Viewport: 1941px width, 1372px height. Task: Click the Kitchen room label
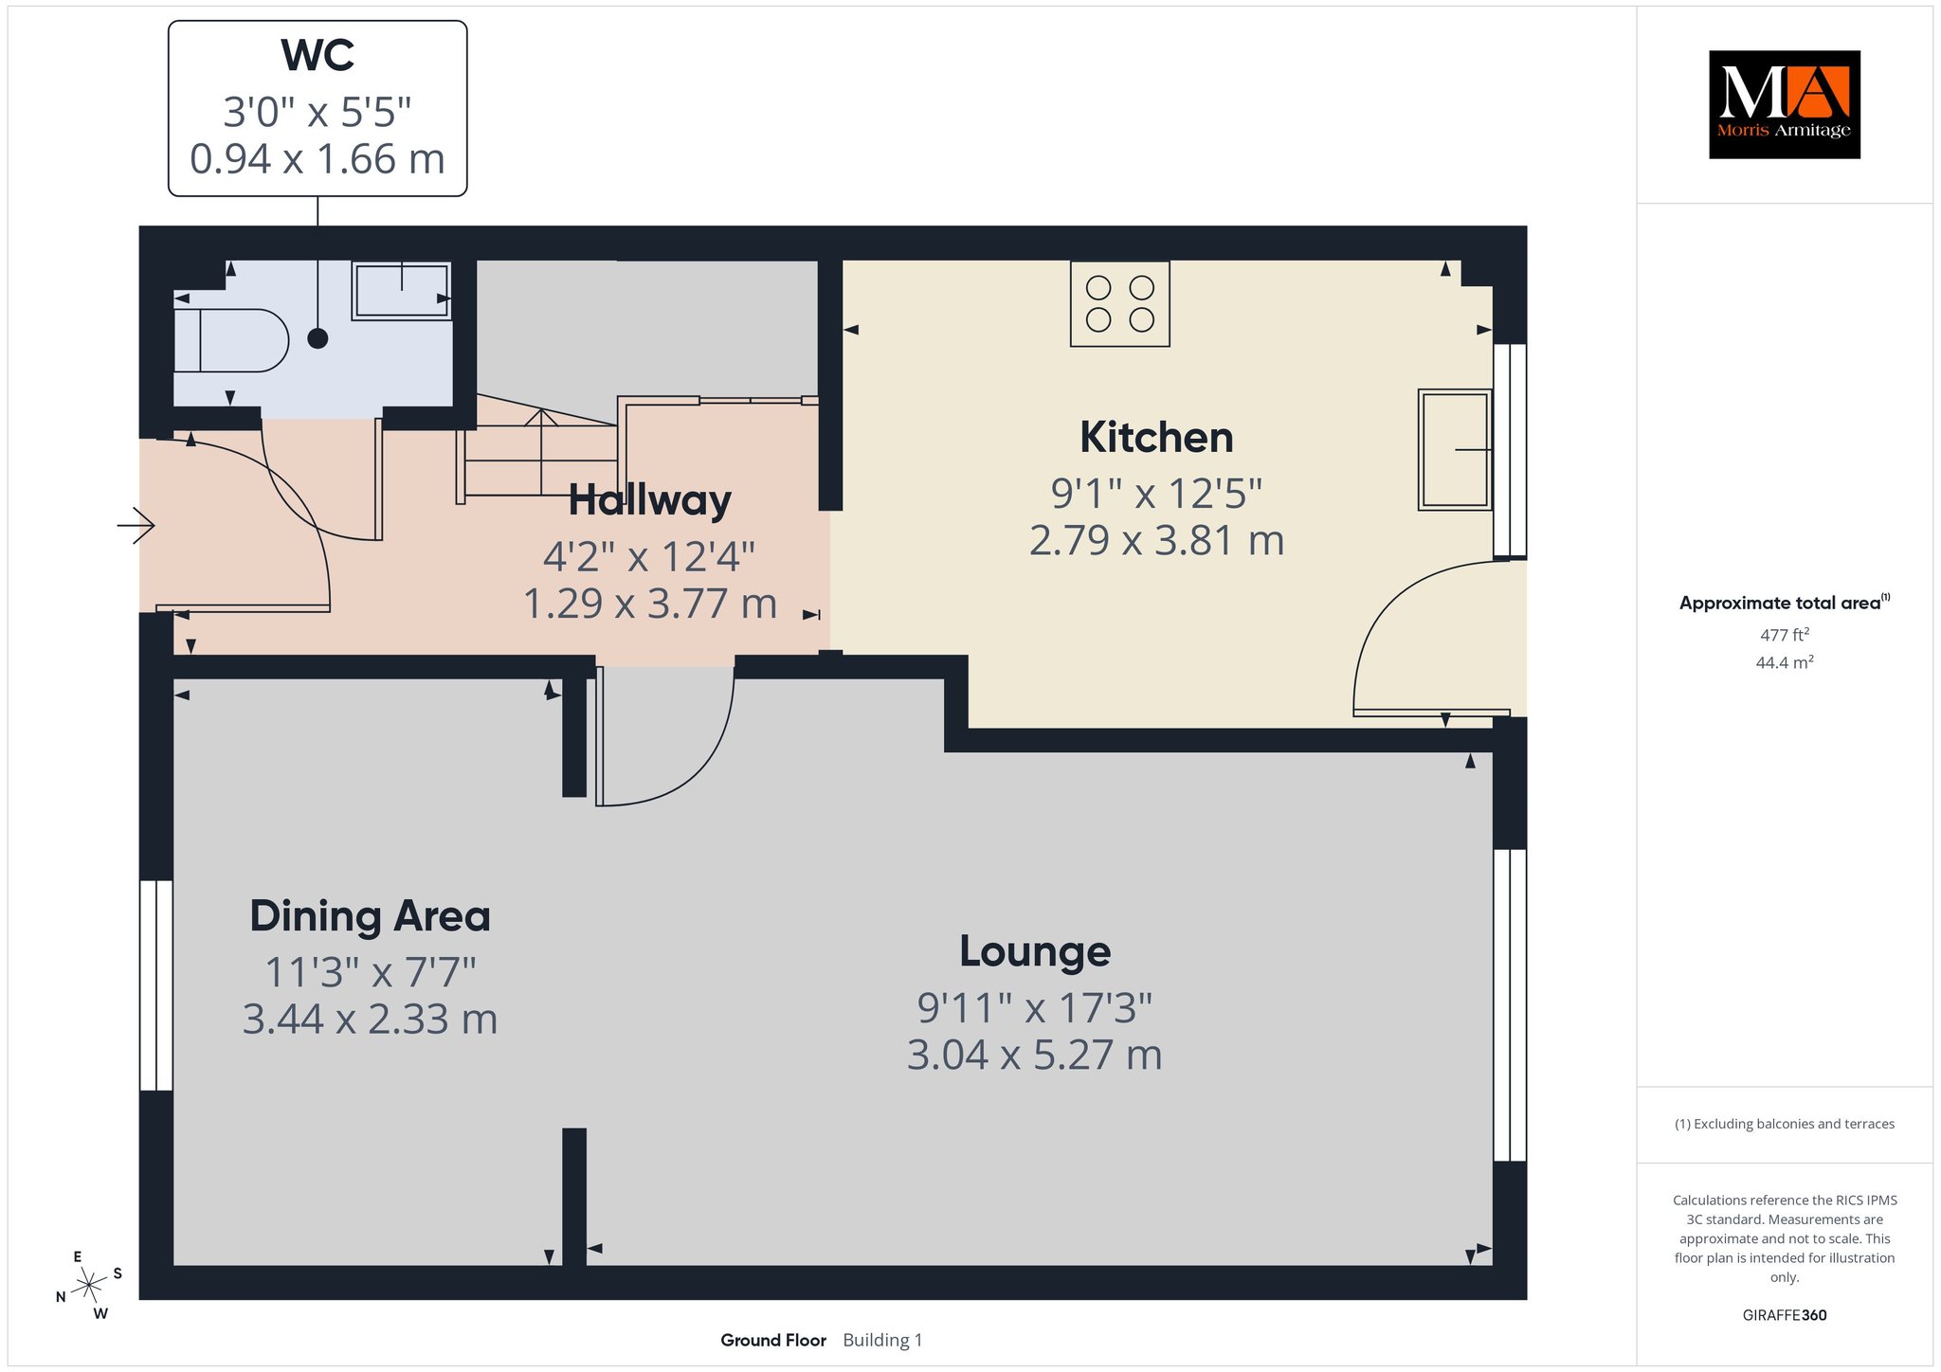(x=1156, y=438)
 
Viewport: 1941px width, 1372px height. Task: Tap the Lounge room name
(x=1035, y=951)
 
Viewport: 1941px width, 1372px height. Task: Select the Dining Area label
(x=370, y=916)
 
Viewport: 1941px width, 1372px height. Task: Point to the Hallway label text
(x=650, y=500)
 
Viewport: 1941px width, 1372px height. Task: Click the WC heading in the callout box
(x=317, y=56)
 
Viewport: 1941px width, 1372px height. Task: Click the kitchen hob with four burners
(x=1120, y=304)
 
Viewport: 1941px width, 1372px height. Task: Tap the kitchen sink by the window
(x=1455, y=449)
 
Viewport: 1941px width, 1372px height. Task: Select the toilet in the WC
(x=231, y=339)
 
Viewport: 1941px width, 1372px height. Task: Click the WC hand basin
(x=401, y=292)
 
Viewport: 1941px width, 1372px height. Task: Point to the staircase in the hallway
(x=541, y=450)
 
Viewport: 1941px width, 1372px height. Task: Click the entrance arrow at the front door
(x=136, y=525)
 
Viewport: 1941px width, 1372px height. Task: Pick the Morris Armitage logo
(x=1785, y=104)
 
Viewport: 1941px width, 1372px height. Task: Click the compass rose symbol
(x=89, y=1285)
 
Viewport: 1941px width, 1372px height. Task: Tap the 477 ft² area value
(x=1785, y=635)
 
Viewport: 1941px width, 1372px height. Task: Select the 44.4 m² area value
(x=1785, y=662)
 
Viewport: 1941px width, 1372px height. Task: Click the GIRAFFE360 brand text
(x=1785, y=1315)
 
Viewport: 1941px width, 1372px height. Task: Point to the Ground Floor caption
(x=773, y=1340)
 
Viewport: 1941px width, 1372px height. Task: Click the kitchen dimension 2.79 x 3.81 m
(x=1156, y=540)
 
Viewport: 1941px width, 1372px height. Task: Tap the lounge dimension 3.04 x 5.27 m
(x=1035, y=1055)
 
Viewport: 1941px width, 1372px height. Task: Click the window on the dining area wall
(x=156, y=985)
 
